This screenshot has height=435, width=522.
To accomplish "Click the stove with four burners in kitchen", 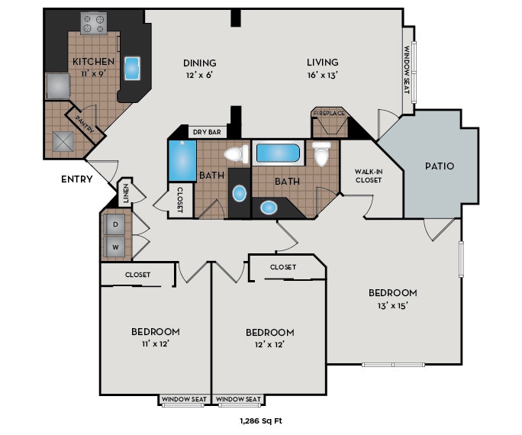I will point(94,24).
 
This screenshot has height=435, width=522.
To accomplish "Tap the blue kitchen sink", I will point(133,68).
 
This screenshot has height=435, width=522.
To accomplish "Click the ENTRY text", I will point(77,179).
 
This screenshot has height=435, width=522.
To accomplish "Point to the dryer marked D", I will point(116,224).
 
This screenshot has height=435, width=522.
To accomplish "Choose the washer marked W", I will point(116,246).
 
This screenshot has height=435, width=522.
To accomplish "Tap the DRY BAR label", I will point(206,132).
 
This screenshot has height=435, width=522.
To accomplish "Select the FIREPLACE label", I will point(329,113).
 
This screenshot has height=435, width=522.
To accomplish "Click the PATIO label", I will point(440,166).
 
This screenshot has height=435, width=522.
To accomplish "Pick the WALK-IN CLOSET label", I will point(369,176).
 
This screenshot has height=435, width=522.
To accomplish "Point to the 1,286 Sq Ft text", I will point(261,420).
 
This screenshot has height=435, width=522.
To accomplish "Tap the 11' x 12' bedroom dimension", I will point(155,343).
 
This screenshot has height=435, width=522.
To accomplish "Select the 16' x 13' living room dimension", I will point(322,76).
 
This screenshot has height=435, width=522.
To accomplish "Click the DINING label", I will point(199,63).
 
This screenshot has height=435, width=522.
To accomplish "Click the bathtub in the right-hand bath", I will point(278,153).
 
